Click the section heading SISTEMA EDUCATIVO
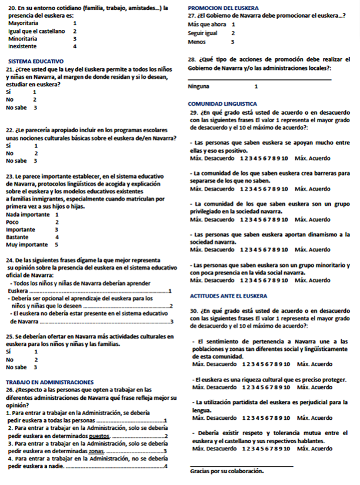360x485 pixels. pos(35,61)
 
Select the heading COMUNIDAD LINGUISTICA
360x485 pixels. pos(223,103)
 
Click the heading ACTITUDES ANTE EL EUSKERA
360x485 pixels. pos(229,296)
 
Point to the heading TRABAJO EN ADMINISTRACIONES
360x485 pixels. pos(50,382)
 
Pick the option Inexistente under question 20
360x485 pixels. pos(22,46)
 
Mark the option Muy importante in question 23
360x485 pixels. pos(27,244)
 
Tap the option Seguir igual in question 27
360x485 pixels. pos(203,34)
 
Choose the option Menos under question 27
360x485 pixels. pos(196,42)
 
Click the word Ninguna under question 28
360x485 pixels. pos(198,86)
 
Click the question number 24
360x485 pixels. pos(10,260)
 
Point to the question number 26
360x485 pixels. pos(10,390)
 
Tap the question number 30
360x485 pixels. pos(195,310)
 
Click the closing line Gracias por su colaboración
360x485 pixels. pos(227,471)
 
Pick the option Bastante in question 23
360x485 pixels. pos(18,237)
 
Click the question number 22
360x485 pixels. pos(10,130)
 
